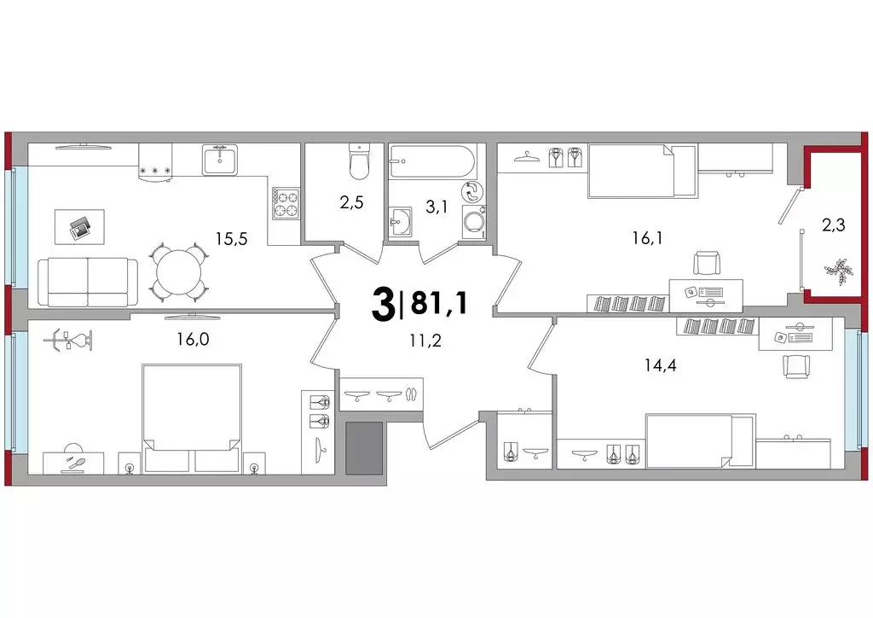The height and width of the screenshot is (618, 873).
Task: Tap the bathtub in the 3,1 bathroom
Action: (x=432, y=161)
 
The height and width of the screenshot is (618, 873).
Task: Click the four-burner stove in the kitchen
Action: (x=286, y=203)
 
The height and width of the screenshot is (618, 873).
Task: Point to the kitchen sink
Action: (x=219, y=160)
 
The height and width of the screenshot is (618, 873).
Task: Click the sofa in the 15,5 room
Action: (x=88, y=282)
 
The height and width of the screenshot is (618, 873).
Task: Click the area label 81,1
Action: (x=439, y=304)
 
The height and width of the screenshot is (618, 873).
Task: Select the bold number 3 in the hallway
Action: (x=383, y=306)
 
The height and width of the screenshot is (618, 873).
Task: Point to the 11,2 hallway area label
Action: (x=425, y=341)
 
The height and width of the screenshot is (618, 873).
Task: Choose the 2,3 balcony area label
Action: (x=834, y=224)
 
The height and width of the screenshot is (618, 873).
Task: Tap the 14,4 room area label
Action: (x=661, y=365)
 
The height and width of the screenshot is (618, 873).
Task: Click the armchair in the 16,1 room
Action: (x=707, y=264)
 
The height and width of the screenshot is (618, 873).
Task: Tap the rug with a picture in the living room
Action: (x=79, y=227)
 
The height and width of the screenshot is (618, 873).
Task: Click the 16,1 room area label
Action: (x=647, y=238)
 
